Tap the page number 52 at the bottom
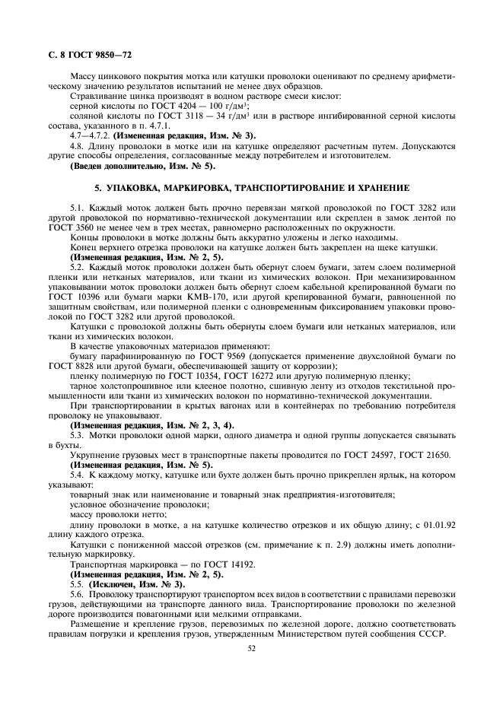click(251, 649)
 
